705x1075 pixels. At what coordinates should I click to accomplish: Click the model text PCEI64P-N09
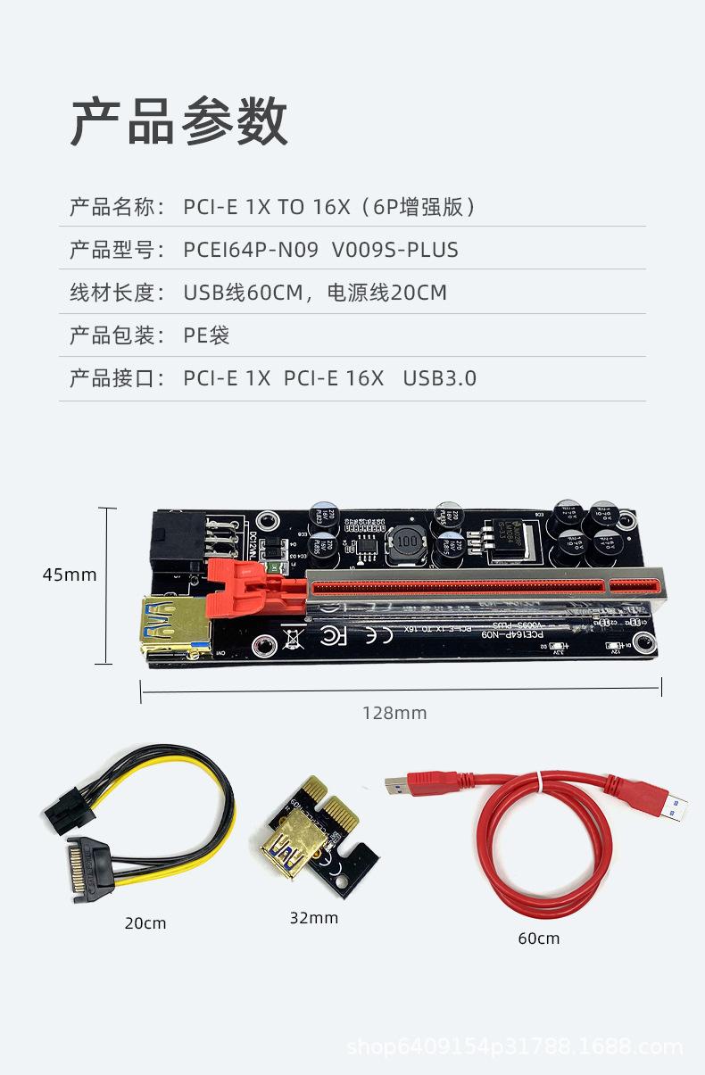click(250, 250)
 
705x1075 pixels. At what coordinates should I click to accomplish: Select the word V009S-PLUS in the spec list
click(394, 250)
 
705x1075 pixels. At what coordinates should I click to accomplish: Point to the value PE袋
click(206, 335)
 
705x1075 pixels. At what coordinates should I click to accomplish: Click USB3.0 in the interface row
click(439, 378)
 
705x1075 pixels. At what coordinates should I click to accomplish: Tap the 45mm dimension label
click(70, 575)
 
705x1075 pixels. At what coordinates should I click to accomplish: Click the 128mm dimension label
click(394, 713)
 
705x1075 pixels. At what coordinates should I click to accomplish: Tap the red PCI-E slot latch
click(252, 591)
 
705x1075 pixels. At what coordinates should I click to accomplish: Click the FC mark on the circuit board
click(333, 636)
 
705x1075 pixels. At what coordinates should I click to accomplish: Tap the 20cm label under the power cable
click(145, 922)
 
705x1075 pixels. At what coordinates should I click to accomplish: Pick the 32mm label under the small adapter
click(313, 917)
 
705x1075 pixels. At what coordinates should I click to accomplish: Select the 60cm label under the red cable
click(538, 938)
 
